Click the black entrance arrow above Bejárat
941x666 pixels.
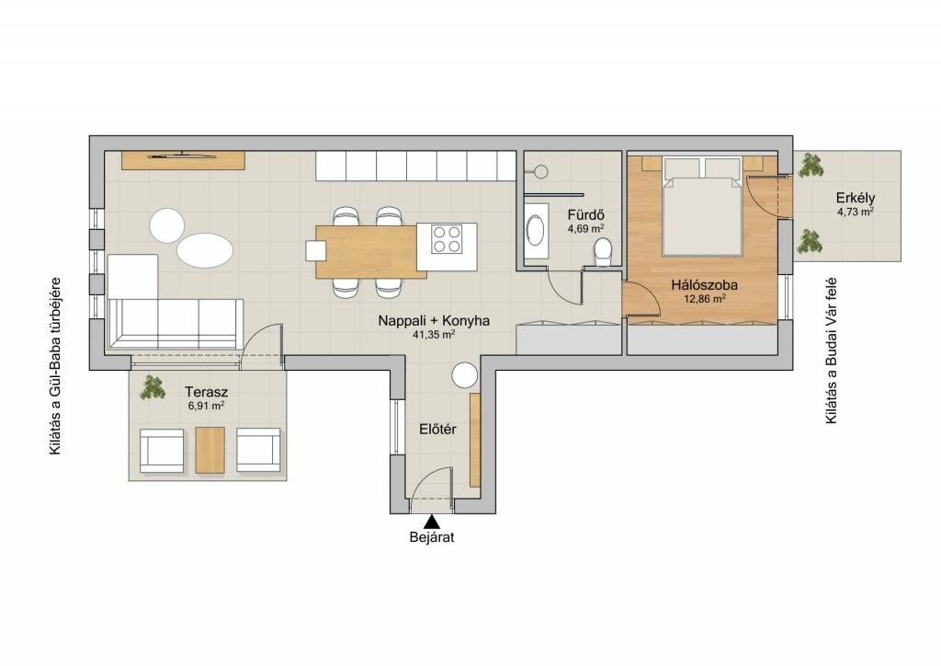click(431, 522)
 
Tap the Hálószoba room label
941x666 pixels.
click(704, 285)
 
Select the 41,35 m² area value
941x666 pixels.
click(434, 336)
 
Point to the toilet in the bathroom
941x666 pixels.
click(602, 250)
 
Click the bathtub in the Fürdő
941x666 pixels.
click(536, 231)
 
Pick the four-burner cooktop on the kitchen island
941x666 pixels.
click(448, 239)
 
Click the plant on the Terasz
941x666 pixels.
click(152, 387)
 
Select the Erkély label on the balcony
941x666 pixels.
click(856, 198)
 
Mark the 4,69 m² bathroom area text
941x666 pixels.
click(585, 228)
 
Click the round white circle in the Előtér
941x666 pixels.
click(464, 375)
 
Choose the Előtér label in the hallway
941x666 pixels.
click(437, 430)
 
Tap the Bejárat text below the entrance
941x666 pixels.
click(432, 537)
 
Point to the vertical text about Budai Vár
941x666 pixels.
click(831, 350)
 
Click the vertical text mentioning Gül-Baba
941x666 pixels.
click(56, 366)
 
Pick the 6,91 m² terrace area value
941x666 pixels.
click(206, 406)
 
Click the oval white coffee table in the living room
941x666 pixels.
click(205, 251)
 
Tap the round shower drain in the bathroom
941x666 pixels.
click(540, 172)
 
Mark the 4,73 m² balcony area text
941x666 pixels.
click(856, 212)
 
